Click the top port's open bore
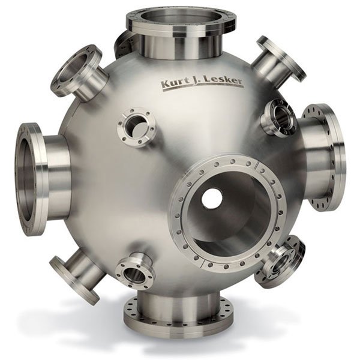click(181, 18)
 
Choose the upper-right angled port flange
click(282, 59)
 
